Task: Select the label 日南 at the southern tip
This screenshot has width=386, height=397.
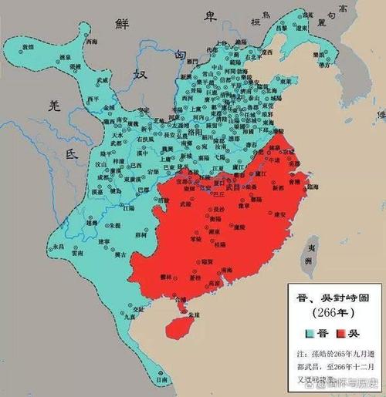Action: [x=159, y=379]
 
